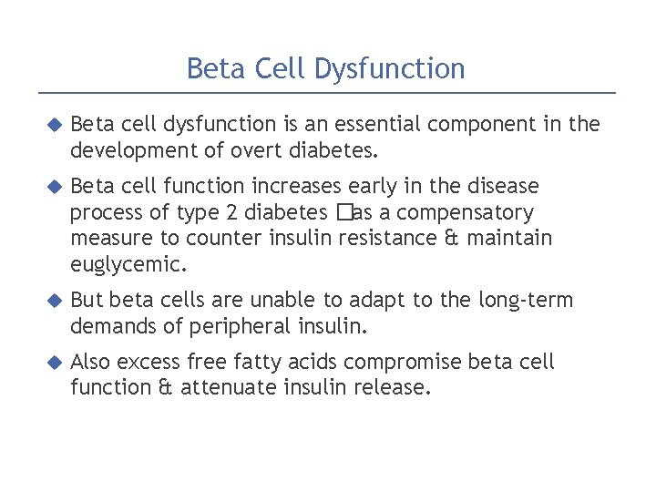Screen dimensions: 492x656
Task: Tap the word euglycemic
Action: (128, 265)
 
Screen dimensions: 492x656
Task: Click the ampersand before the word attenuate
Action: (164, 387)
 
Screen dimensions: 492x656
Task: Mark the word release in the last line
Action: (396, 387)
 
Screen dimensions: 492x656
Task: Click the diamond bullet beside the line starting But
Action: (53, 300)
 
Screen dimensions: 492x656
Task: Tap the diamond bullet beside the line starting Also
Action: (53, 362)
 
